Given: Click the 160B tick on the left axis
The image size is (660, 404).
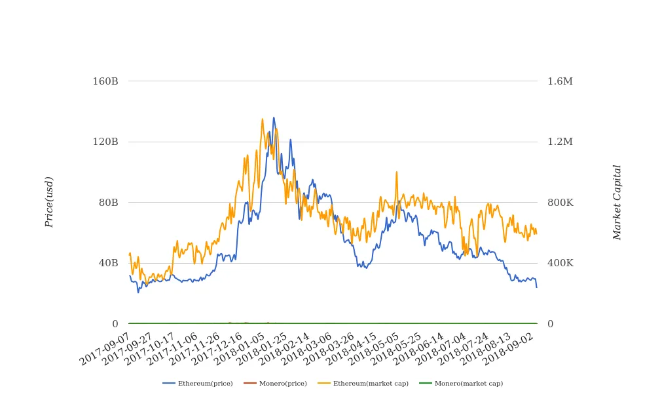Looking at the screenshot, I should (x=105, y=81).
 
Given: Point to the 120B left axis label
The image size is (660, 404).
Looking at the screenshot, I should (x=105, y=142).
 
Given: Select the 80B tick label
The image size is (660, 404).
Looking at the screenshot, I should (x=108, y=203).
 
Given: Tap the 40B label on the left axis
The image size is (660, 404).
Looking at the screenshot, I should (x=108, y=263).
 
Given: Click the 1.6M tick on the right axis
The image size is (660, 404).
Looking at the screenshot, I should (x=560, y=81).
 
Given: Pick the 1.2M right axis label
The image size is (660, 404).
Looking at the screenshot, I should (x=560, y=142).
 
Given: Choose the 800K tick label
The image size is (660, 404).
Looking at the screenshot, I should (x=560, y=203).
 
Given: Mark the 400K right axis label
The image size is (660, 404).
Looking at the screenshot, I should (x=560, y=263).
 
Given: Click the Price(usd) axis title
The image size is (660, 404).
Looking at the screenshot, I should (x=49, y=202).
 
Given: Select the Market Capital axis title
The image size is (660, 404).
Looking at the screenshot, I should (x=617, y=202).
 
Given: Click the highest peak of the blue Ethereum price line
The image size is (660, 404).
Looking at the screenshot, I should (x=274, y=118).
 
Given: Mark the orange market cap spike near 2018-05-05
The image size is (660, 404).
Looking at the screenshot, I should (x=396, y=172).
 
